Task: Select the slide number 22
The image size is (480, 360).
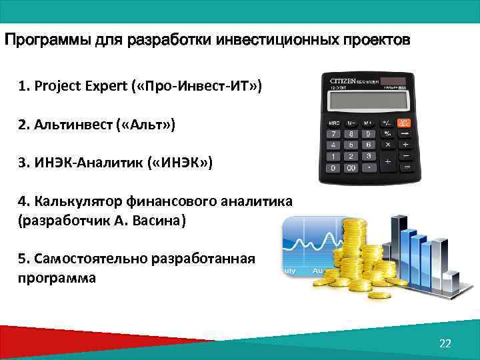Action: click(x=445, y=343)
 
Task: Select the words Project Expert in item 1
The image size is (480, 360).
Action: click(x=76, y=86)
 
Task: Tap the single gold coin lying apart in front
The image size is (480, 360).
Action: click(x=379, y=295)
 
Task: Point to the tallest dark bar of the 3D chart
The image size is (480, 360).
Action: click(x=399, y=250)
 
